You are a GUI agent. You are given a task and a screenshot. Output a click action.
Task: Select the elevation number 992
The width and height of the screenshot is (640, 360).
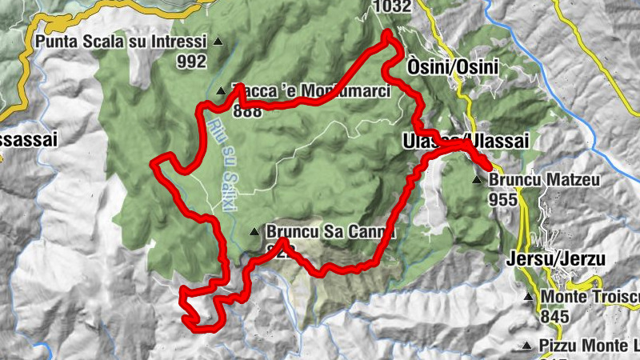click(x=192, y=60)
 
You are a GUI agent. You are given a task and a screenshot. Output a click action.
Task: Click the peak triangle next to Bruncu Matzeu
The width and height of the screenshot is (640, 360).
click(x=478, y=180)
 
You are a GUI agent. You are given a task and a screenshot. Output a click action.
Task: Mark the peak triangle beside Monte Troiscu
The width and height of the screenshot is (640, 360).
click(x=528, y=298)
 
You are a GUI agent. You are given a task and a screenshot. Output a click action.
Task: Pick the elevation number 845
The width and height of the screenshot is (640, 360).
click(x=554, y=317)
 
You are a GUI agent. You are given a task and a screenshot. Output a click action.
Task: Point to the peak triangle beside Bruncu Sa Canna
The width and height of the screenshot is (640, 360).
click(x=254, y=233)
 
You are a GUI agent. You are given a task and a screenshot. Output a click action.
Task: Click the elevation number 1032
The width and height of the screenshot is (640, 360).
click(x=392, y=7)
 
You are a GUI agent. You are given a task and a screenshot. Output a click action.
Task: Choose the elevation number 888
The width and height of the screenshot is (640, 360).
click(x=249, y=111)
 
